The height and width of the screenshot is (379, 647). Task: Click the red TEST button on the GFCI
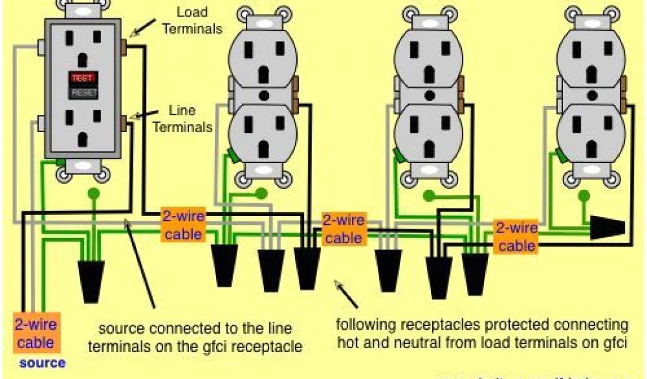pos(83,78)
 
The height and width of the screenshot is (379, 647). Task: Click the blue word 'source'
pos(42,363)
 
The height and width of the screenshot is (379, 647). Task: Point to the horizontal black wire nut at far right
pos(607,229)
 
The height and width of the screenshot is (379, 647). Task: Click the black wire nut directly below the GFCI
pos(92,281)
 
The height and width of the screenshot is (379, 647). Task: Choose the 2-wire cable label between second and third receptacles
pos(343,229)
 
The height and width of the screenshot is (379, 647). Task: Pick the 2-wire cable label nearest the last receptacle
pos(517,237)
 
